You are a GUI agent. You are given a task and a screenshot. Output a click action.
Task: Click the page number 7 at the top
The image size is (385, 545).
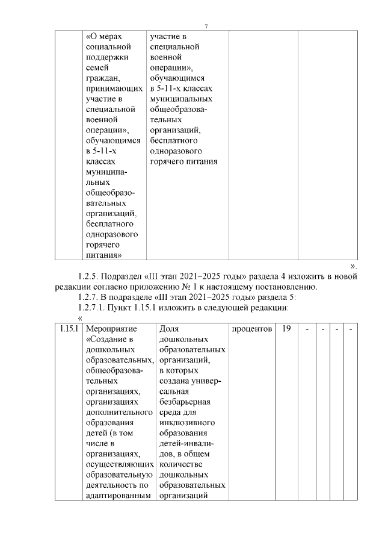click(206, 26)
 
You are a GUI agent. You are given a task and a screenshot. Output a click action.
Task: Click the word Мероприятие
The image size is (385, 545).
click(112, 329)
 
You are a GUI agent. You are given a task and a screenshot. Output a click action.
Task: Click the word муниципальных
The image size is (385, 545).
click(182, 98)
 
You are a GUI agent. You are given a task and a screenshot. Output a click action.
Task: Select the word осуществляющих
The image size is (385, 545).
click(118, 465)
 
